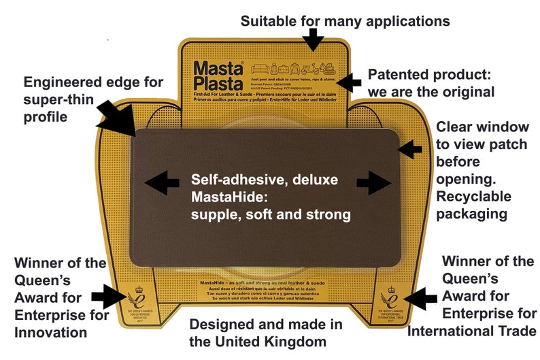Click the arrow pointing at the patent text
coord(350,82)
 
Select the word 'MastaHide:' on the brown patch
coord(230,198)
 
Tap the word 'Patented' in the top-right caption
coord(396,73)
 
